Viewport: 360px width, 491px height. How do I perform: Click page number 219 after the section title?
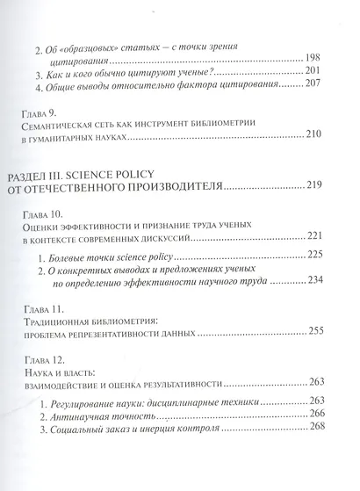tap(320, 187)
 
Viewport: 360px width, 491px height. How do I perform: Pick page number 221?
tap(320, 237)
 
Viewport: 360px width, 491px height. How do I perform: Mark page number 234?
tap(320, 285)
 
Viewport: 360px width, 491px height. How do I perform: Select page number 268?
tap(320, 431)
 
